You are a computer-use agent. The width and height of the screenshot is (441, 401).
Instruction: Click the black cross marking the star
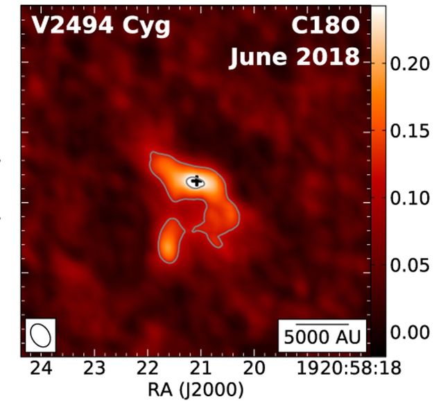197,182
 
